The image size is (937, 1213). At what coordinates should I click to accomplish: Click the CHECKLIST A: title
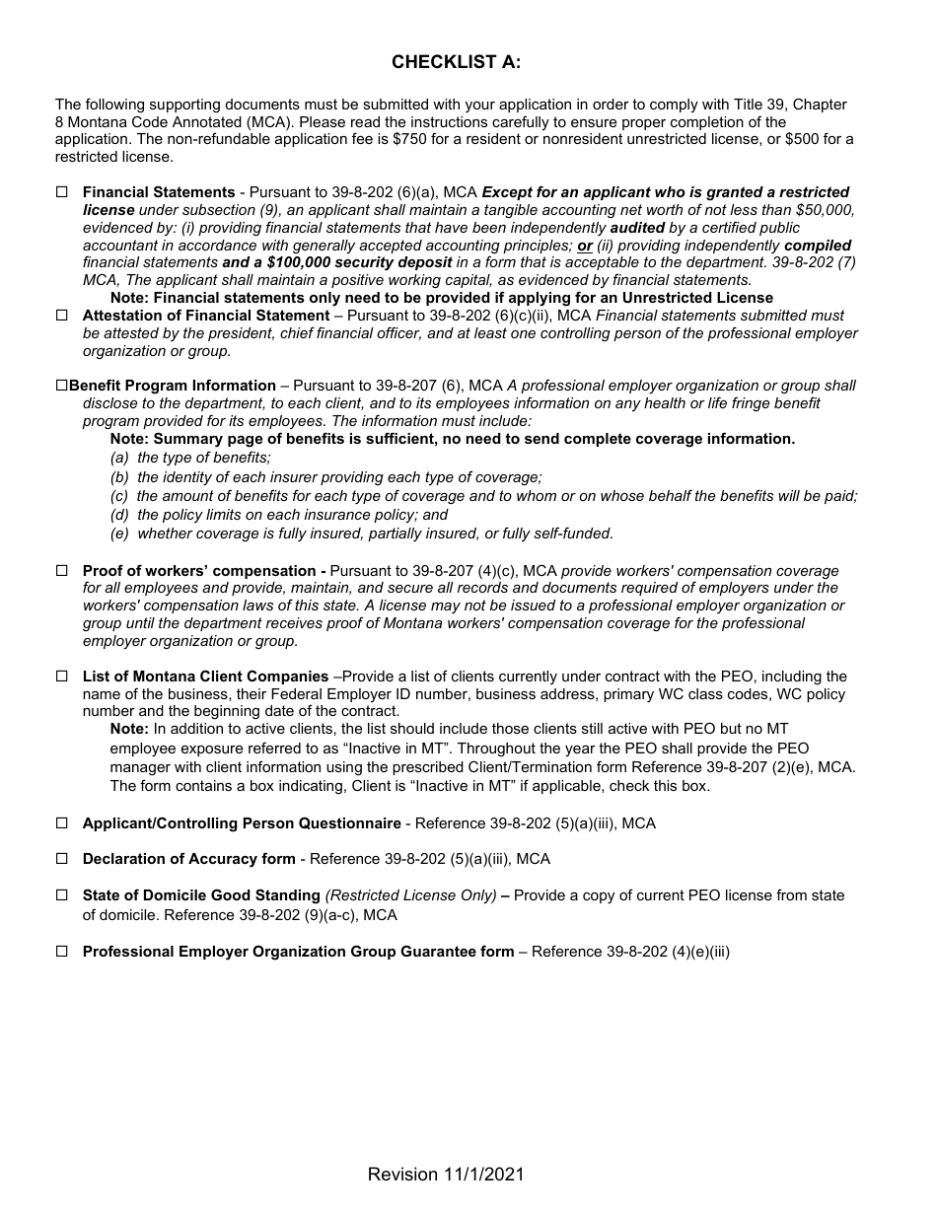(456, 62)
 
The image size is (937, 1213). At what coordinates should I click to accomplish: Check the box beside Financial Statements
(62, 193)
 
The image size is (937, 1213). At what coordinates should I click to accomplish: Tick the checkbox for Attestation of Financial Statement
(62, 316)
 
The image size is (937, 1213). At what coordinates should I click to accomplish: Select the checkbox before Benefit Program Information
(62, 387)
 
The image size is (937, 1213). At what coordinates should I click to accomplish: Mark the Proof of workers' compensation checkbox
(62, 571)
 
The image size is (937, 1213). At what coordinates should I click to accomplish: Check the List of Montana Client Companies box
(62, 677)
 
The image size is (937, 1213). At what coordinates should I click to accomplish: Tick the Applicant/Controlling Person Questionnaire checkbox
(62, 823)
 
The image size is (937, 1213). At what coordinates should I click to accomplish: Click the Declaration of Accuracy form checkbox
(62, 859)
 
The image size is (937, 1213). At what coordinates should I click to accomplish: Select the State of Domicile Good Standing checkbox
(62, 895)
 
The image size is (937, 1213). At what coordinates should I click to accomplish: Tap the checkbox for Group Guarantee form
(62, 952)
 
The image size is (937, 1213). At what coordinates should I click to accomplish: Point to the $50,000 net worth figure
(825, 210)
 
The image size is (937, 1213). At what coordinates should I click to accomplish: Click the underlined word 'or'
(585, 246)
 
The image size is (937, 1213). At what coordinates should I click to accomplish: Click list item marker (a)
(119, 458)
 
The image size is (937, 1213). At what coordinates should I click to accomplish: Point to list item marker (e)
(119, 534)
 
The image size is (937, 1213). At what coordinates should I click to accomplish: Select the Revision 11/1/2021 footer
(446, 1174)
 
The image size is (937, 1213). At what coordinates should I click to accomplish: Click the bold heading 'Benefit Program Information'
(173, 387)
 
